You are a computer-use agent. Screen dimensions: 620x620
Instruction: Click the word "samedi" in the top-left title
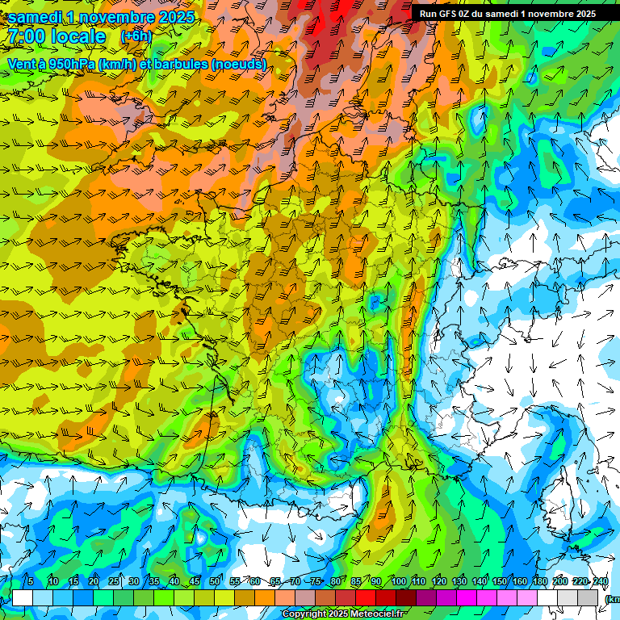pyautogui.click(x=36, y=17)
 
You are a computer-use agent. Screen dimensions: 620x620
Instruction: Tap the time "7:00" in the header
pyautogui.click(x=27, y=36)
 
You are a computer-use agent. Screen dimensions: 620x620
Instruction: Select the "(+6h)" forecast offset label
pyautogui.click(x=136, y=36)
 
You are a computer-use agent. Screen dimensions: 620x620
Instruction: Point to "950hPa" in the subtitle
pyautogui.click(x=71, y=64)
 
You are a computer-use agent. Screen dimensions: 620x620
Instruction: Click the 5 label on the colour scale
pyautogui.click(x=30, y=582)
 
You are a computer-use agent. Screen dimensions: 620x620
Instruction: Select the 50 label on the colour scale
pyautogui.click(x=215, y=582)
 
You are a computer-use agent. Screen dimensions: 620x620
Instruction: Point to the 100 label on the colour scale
pyautogui.click(x=399, y=582)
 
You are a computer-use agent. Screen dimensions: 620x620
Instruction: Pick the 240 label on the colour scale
pyautogui.click(x=601, y=582)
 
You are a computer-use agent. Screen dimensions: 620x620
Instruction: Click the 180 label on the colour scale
pyautogui.click(x=540, y=582)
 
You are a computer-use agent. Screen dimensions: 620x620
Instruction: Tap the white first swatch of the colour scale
pyautogui.click(x=23, y=597)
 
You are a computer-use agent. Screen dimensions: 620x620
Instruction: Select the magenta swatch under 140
pyautogui.click(x=467, y=597)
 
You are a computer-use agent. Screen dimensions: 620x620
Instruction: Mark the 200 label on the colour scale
pyautogui.click(x=560, y=582)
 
